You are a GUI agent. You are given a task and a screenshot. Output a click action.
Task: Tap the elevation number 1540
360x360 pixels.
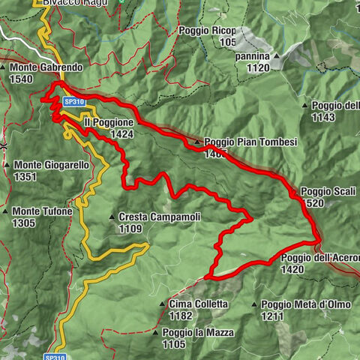click(22, 78)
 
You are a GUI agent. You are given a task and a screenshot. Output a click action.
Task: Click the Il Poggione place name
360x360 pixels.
click(109, 121)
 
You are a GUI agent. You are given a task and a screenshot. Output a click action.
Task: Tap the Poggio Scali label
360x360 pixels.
click(324, 190)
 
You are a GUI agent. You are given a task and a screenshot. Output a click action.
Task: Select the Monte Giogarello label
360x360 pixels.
click(51, 165)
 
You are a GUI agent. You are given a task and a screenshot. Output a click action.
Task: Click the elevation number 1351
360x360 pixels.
click(25, 176)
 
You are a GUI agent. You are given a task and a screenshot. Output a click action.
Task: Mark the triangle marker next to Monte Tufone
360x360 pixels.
click(6, 211)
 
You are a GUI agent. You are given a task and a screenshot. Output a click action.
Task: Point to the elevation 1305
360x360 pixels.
click(25, 223)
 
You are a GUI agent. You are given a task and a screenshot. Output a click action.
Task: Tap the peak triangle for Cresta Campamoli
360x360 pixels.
click(112, 217)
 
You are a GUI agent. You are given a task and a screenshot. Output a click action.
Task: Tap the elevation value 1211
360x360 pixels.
click(272, 316)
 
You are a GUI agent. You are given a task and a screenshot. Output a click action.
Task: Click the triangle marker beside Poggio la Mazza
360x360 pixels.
click(155, 332)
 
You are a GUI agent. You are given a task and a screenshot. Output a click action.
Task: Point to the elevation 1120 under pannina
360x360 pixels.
click(256, 67)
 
